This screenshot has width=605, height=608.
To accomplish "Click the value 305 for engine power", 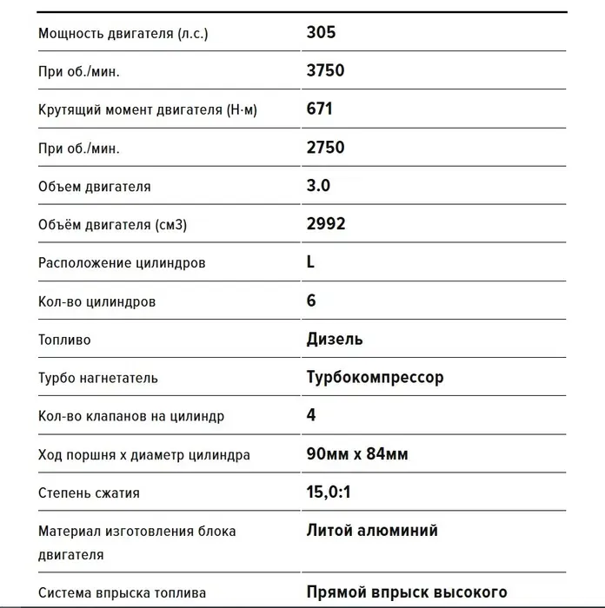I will tap(321, 33).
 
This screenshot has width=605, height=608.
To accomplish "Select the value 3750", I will tap(325, 70).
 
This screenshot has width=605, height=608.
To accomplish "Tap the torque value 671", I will tap(319, 109).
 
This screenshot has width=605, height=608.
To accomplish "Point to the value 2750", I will tap(325, 147).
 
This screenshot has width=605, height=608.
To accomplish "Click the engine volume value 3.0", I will tap(318, 185).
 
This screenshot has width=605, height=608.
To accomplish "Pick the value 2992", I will tap(326, 223).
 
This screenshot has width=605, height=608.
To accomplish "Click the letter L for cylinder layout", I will tap(311, 261).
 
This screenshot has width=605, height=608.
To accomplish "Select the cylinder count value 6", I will tap(311, 301).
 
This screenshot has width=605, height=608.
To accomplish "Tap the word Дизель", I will tap(335, 339).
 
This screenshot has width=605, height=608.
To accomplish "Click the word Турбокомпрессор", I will tap(375, 377).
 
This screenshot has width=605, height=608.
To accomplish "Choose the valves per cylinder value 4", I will tap(311, 415).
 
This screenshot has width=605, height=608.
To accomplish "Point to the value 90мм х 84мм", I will tap(357, 453).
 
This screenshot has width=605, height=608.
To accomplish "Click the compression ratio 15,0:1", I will tap(328, 492).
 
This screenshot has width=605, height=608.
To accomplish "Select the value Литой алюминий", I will tap(372, 530).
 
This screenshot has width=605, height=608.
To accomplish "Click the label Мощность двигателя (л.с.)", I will tap(123, 34).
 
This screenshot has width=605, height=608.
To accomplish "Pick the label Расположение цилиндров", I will tap(122, 262).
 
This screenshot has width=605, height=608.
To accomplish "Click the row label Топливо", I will tap(64, 340).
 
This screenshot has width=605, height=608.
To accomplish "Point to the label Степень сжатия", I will tap(89, 492).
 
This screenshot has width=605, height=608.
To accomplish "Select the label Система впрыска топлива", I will tap(122, 593).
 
